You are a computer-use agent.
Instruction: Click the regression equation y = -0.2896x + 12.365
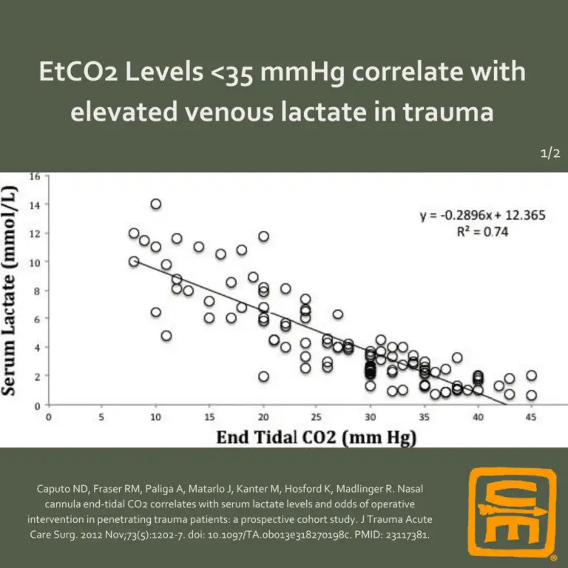click(x=483, y=215)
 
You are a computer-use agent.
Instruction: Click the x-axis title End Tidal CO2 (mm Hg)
click(x=317, y=437)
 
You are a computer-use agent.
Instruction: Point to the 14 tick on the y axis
click(x=34, y=204)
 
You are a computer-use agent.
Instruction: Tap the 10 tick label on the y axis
click(x=34, y=262)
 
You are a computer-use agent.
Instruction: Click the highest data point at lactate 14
click(x=155, y=204)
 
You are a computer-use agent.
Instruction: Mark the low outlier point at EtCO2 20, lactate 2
click(x=263, y=376)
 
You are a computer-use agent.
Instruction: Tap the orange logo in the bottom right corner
click(x=513, y=510)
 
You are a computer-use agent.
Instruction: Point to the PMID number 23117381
click(x=402, y=532)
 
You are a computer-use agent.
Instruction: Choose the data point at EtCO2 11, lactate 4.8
click(x=166, y=336)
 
